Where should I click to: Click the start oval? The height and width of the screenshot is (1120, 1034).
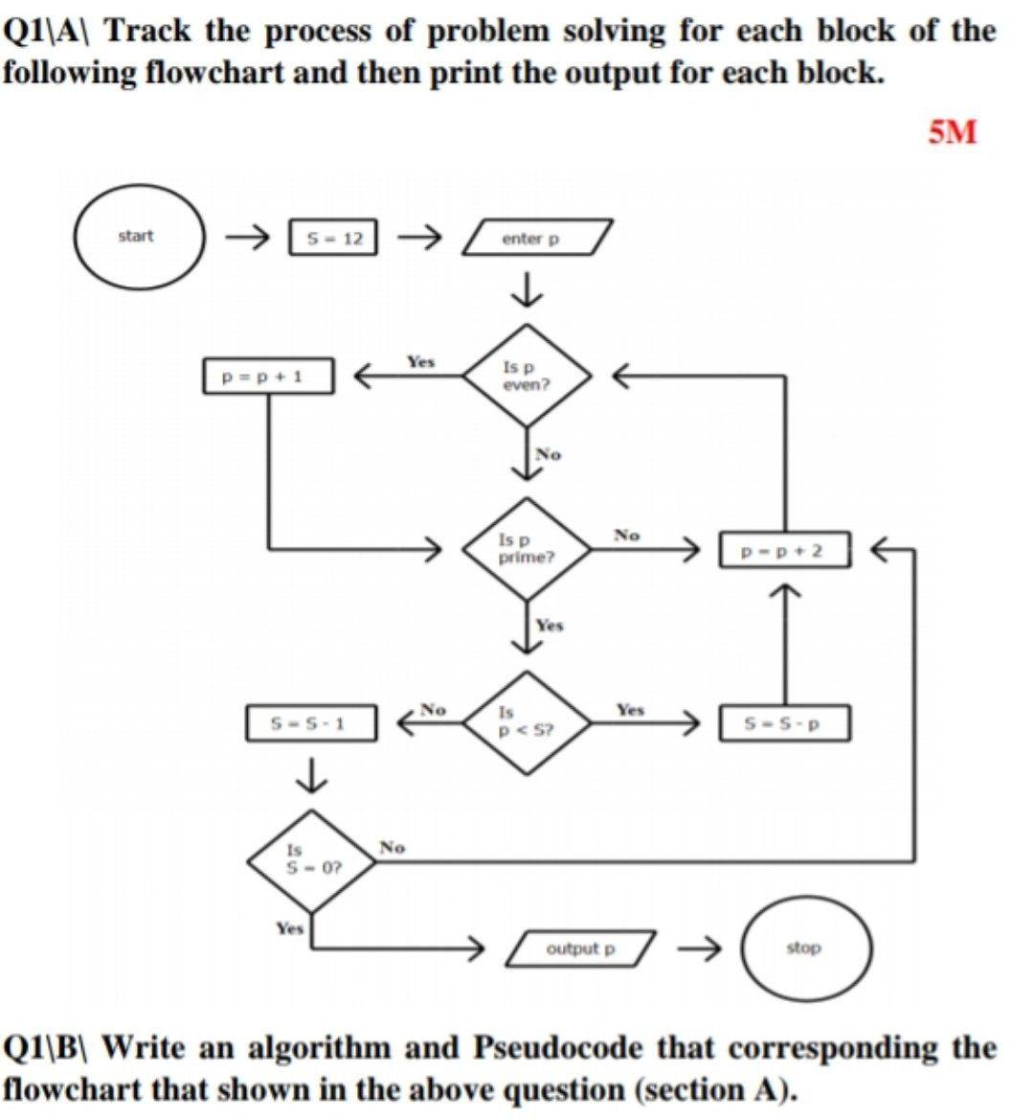pyautogui.click(x=140, y=237)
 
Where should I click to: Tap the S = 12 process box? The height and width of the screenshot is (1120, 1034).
pyautogui.click(x=333, y=238)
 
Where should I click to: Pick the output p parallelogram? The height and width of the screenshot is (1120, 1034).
pyautogui.click(x=584, y=949)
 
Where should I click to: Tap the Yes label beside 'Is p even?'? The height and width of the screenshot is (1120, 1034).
pyautogui.click(x=419, y=361)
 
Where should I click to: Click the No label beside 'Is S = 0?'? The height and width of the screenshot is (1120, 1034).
pyautogui.click(x=392, y=847)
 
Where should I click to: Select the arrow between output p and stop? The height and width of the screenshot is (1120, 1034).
pyautogui.click(x=700, y=949)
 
